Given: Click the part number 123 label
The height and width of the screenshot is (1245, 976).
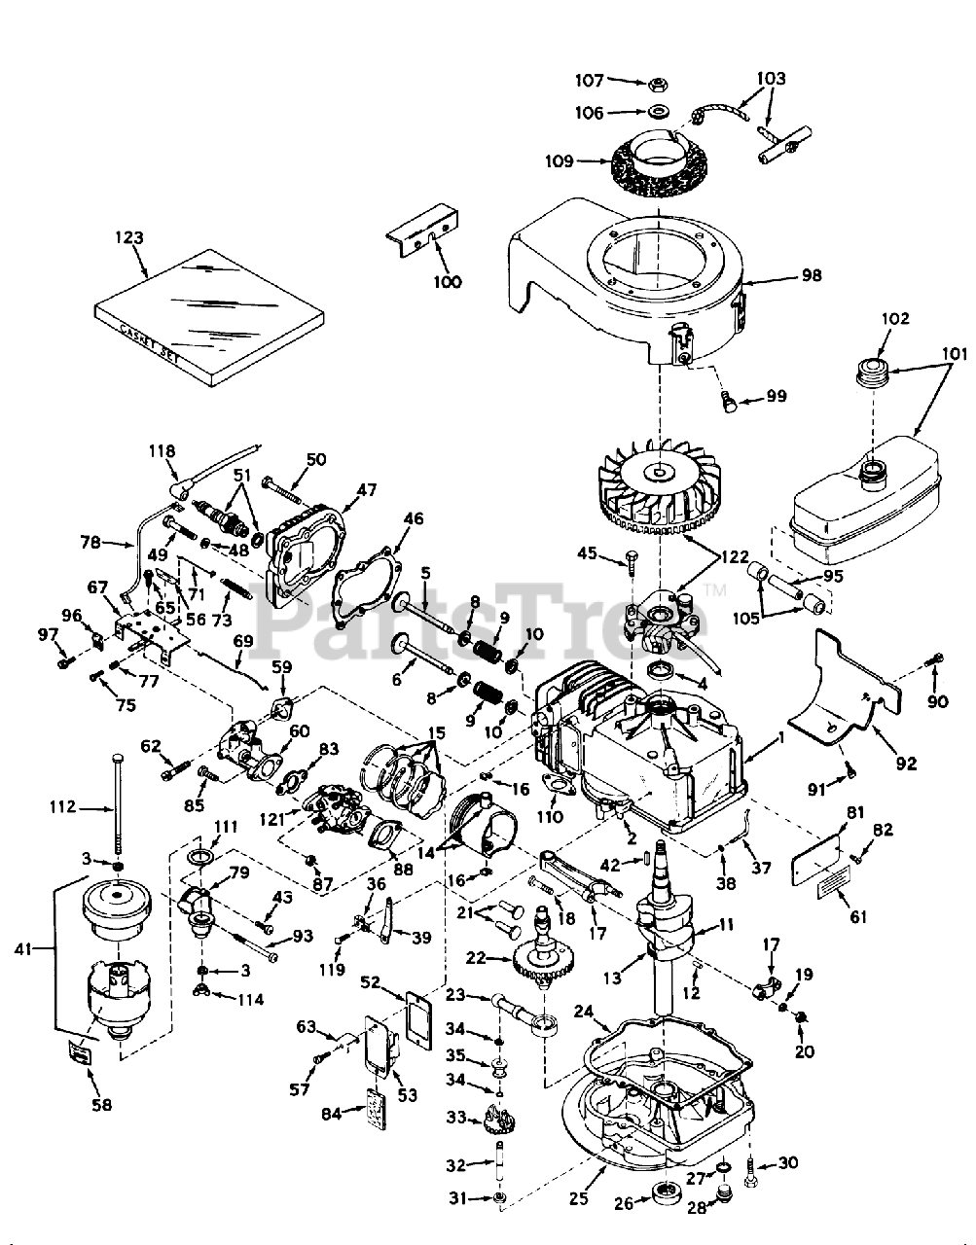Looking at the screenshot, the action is (x=129, y=236).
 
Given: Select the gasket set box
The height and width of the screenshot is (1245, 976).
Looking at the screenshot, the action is (x=209, y=319).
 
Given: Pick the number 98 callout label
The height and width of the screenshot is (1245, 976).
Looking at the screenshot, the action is (x=810, y=275).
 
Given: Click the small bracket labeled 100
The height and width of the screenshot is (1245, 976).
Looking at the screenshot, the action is (x=423, y=230).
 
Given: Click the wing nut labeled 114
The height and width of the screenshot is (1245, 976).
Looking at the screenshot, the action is (x=202, y=990).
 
